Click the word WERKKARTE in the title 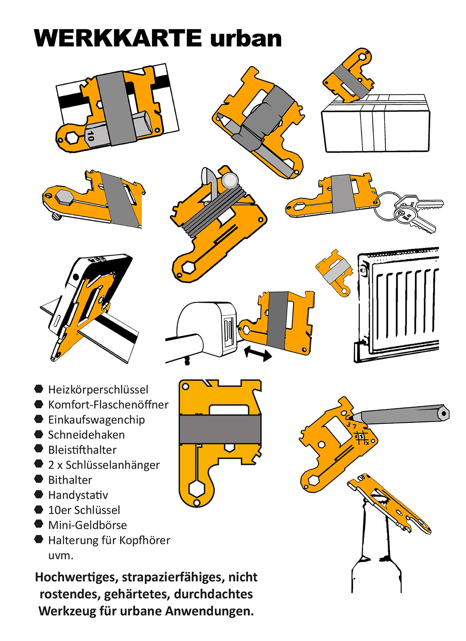[x=118, y=38]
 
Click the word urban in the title [x=245, y=38]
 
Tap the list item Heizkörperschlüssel [x=98, y=389]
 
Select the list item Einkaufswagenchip [x=96, y=420]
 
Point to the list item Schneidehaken [x=86, y=435]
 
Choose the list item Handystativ [x=78, y=495]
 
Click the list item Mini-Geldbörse [x=87, y=525]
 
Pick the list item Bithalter [x=70, y=480]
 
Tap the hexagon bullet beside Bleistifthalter [x=38, y=449]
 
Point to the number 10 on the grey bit [x=90, y=136]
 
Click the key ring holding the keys [x=384, y=206]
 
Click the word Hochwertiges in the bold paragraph [x=76, y=577]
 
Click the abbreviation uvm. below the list [x=61, y=555]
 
